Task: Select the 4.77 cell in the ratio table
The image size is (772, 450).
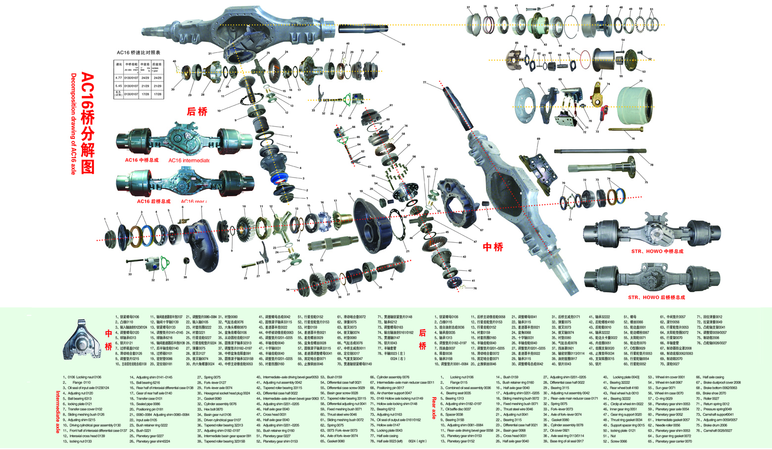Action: click(x=118, y=78)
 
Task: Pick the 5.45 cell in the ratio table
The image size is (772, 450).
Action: click(x=118, y=86)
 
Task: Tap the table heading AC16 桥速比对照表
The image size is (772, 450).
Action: click(x=139, y=52)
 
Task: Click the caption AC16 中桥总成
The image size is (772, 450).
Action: click(x=142, y=160)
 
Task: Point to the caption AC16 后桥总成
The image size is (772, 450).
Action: click(x=153, y=201)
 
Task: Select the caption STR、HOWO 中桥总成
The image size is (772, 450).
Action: click(x=657, y=251)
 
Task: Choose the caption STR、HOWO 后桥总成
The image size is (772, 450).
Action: click(x=656, y=298)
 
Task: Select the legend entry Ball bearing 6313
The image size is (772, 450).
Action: click(x=80, y=399)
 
